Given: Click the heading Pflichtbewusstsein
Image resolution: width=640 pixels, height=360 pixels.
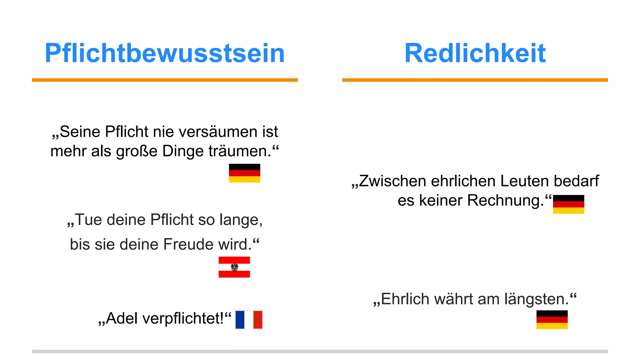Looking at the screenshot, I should pyautogui.click(x=165, y=53).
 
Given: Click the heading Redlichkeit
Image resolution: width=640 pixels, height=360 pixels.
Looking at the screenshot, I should pyautogui.click(x=475, y=53).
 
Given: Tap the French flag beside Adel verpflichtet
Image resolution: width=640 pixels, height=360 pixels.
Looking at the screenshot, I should pyautogui.click(x=249, y=319).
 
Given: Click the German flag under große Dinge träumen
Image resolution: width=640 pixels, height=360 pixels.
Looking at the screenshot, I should pyautogui.click(x=244, y=173).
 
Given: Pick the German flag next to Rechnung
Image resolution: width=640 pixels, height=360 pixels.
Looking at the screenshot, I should pyautogui.click(x=568, y=204).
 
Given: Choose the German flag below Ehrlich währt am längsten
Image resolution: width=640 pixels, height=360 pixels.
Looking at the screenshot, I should pyautogui.click(x=552, y=319).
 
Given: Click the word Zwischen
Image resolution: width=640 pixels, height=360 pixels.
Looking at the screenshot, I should pyautogui.click(x=392, y=181).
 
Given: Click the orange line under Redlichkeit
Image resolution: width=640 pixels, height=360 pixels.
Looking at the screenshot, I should pyautogui.click(x=475, y=80).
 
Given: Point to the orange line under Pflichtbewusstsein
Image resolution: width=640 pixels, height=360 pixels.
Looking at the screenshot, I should pyautogui.click(x=165, y=80).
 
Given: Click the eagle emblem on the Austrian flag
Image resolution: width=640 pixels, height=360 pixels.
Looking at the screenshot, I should pyautogui.click(x=234, y=267).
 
